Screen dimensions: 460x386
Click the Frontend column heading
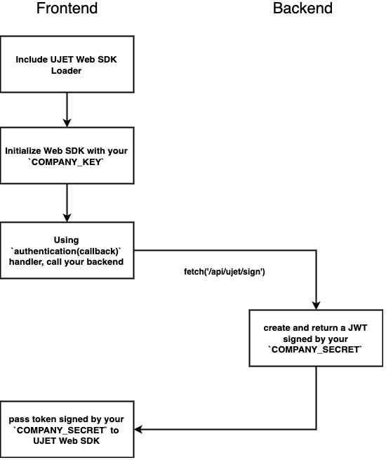[67, 9]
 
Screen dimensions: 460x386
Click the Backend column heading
[302, 9]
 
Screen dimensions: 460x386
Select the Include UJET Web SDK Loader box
[67, 65]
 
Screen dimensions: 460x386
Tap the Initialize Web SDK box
[67, 156]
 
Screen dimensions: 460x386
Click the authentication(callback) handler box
[67, 251]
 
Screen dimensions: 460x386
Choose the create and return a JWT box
[315, 339]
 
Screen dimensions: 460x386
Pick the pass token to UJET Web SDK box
[67, 429]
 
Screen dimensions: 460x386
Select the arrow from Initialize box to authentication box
[67, 204]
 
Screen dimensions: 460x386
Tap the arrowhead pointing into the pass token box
[138, 429]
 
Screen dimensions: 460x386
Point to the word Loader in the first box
[67, 71]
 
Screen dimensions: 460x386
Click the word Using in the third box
[66, 240]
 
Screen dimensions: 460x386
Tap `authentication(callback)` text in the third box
[67, 251]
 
